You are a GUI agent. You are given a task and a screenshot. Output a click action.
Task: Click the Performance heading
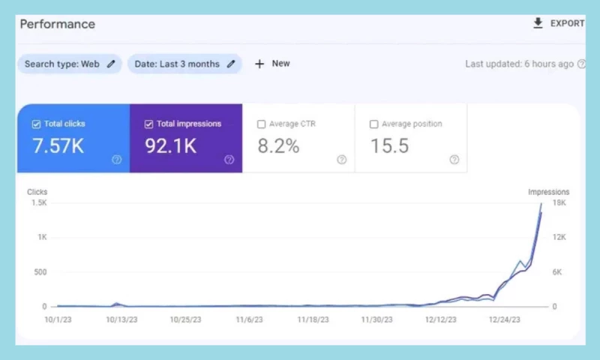pos(57,24)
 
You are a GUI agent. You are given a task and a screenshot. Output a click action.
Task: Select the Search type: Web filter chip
pos(69,64)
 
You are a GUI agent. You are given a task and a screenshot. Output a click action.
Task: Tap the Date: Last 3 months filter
pos(184,64)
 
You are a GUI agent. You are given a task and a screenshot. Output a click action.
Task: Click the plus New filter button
pos(272,64)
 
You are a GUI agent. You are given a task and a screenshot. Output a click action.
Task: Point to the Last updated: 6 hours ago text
pos(519,64)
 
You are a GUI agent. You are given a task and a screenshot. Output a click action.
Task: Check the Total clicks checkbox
pos(36,124)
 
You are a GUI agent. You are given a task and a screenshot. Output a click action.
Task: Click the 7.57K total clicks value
pos(58,146)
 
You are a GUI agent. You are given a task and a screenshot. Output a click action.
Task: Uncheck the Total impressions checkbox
pos(148,124)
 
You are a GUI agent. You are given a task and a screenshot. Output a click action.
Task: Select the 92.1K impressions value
pos(170,146)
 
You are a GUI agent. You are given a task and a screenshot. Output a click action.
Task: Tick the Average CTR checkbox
pos(261,124)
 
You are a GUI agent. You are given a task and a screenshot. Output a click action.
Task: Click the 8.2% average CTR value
pos(278,146)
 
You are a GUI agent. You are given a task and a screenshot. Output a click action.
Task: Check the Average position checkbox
pos(373,124)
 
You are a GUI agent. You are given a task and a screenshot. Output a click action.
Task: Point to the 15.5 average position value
pos(389,146)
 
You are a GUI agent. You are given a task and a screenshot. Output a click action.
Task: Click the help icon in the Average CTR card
pos(341,160)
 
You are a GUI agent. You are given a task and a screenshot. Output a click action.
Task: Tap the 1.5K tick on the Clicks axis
pos(38,203)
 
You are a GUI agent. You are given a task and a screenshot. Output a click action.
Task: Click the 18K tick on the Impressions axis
pos(559,203)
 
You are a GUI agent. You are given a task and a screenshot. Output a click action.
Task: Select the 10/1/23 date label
pos(58,319)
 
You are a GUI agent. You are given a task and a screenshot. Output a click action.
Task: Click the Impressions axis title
pos(548,192)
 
